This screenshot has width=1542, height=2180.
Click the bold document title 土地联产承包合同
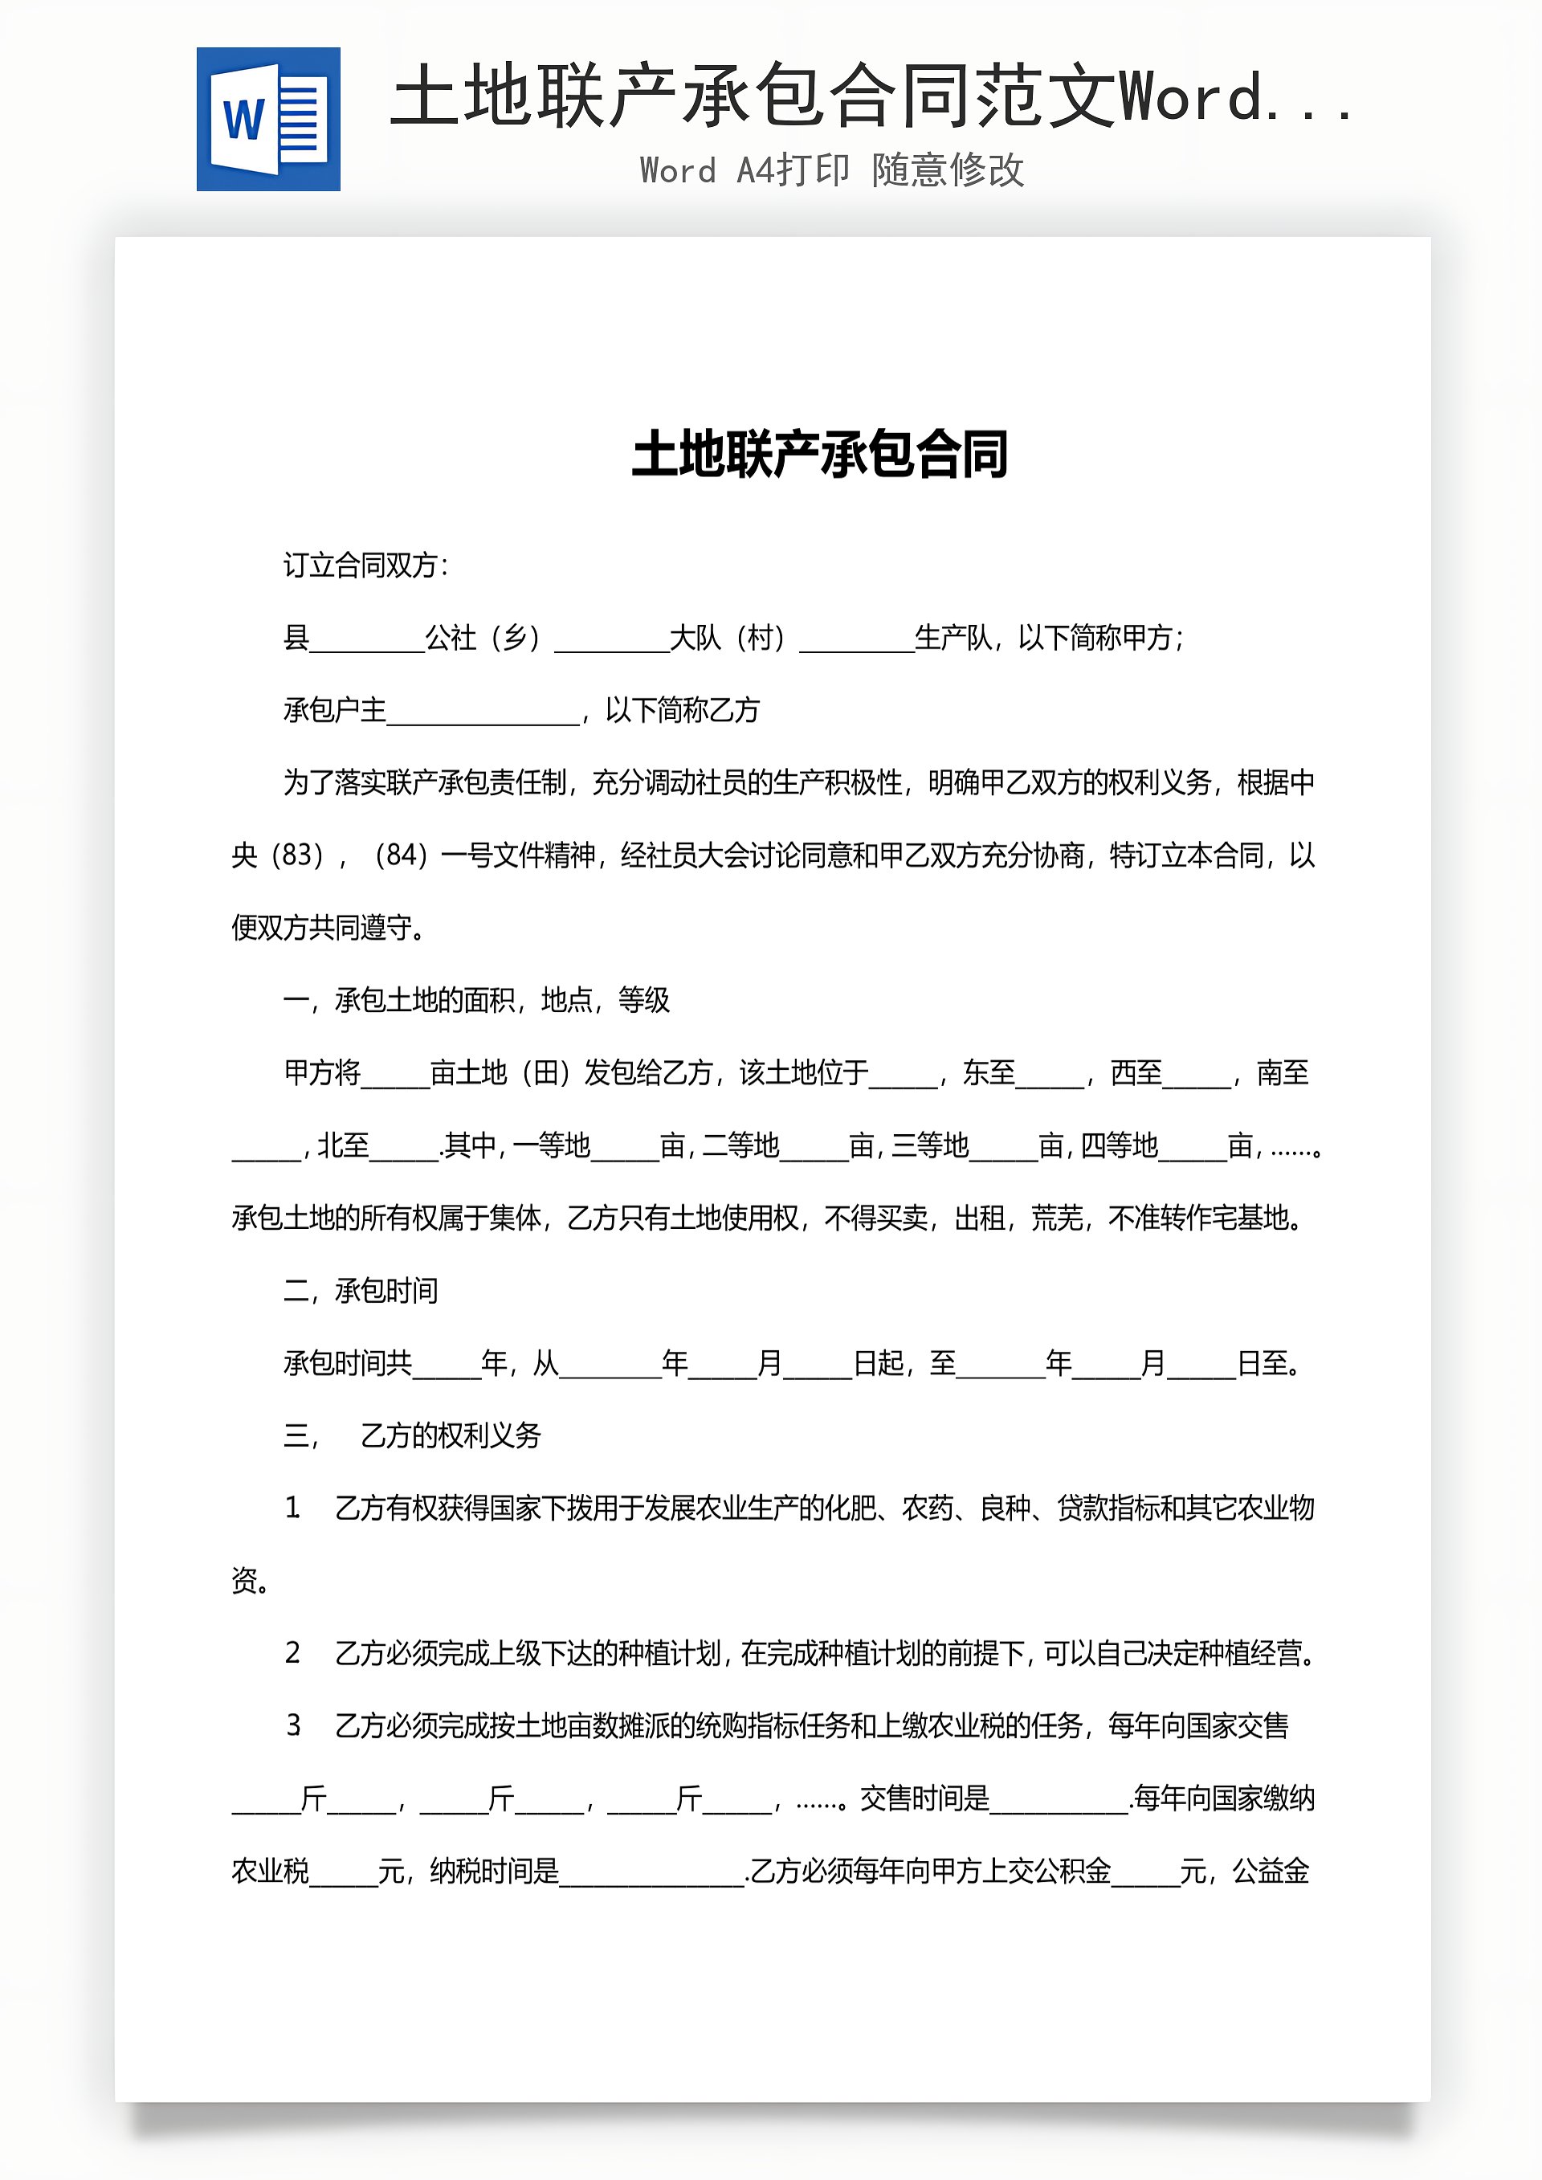(x=819, y=454)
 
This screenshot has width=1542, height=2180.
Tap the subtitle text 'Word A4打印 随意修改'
(x=832, y=170)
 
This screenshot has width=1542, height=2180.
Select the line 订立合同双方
(x=365, y=566)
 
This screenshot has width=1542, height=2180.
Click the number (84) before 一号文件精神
(x=401, y=855)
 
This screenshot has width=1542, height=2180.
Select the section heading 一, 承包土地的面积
(x=475, y=1000)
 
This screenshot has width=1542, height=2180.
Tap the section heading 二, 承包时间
(x=360, y=1290)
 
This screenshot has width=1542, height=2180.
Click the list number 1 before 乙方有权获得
(x=292, y=1508)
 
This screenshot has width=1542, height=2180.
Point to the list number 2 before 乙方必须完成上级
(x=292, y=1653)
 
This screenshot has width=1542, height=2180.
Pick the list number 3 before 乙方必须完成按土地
(x=292, y=1725)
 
